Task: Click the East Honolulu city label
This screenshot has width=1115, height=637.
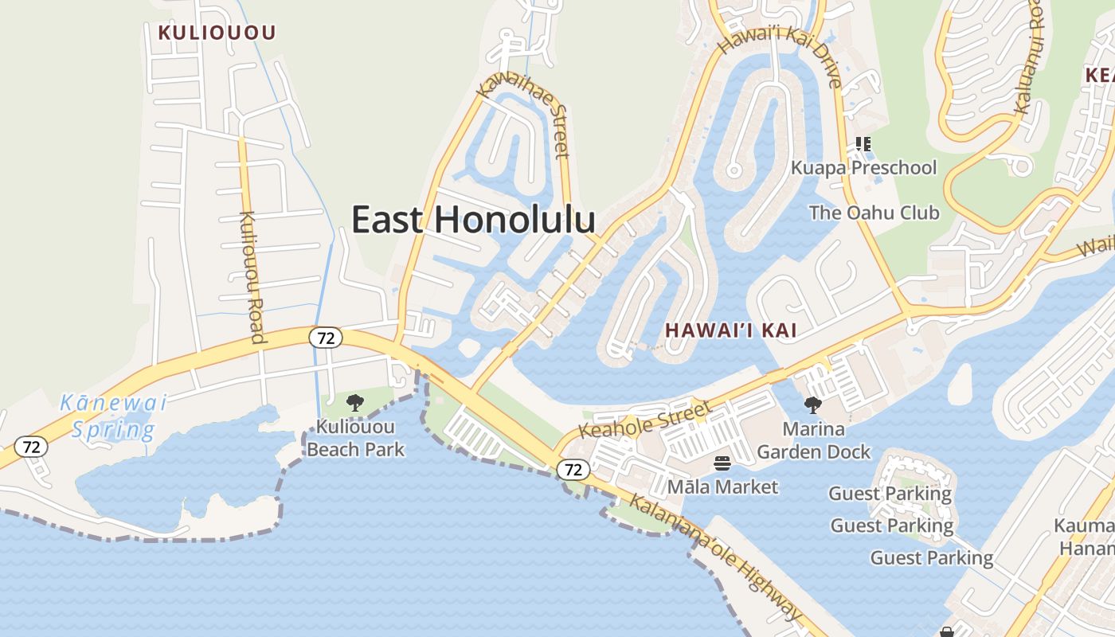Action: click(473, 220)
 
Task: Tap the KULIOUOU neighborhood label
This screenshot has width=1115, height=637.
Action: click(217, 33)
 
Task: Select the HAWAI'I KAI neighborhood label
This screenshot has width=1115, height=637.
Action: click(731, 330)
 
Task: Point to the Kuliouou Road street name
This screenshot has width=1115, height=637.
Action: click(252, 276)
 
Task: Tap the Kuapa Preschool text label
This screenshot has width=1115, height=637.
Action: click(863, 168)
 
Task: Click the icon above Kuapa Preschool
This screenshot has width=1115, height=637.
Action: click(863, 144)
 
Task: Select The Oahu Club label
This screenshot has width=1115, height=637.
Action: click(874, 213)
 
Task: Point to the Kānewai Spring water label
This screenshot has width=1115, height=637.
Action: click(113, 416)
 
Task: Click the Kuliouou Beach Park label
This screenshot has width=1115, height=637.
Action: click(355, 439)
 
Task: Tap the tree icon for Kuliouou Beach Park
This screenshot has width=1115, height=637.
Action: click(355, 403)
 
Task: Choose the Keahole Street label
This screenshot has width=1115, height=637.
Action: click(644, 420)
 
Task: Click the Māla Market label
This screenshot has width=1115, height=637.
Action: click(722, 486)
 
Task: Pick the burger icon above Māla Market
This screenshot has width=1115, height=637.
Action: click(722, 463)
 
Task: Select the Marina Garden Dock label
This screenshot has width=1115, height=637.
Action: click(813, 440)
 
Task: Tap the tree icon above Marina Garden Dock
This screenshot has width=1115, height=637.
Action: click(812, 405)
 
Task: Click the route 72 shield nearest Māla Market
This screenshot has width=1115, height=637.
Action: click(573, 470)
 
